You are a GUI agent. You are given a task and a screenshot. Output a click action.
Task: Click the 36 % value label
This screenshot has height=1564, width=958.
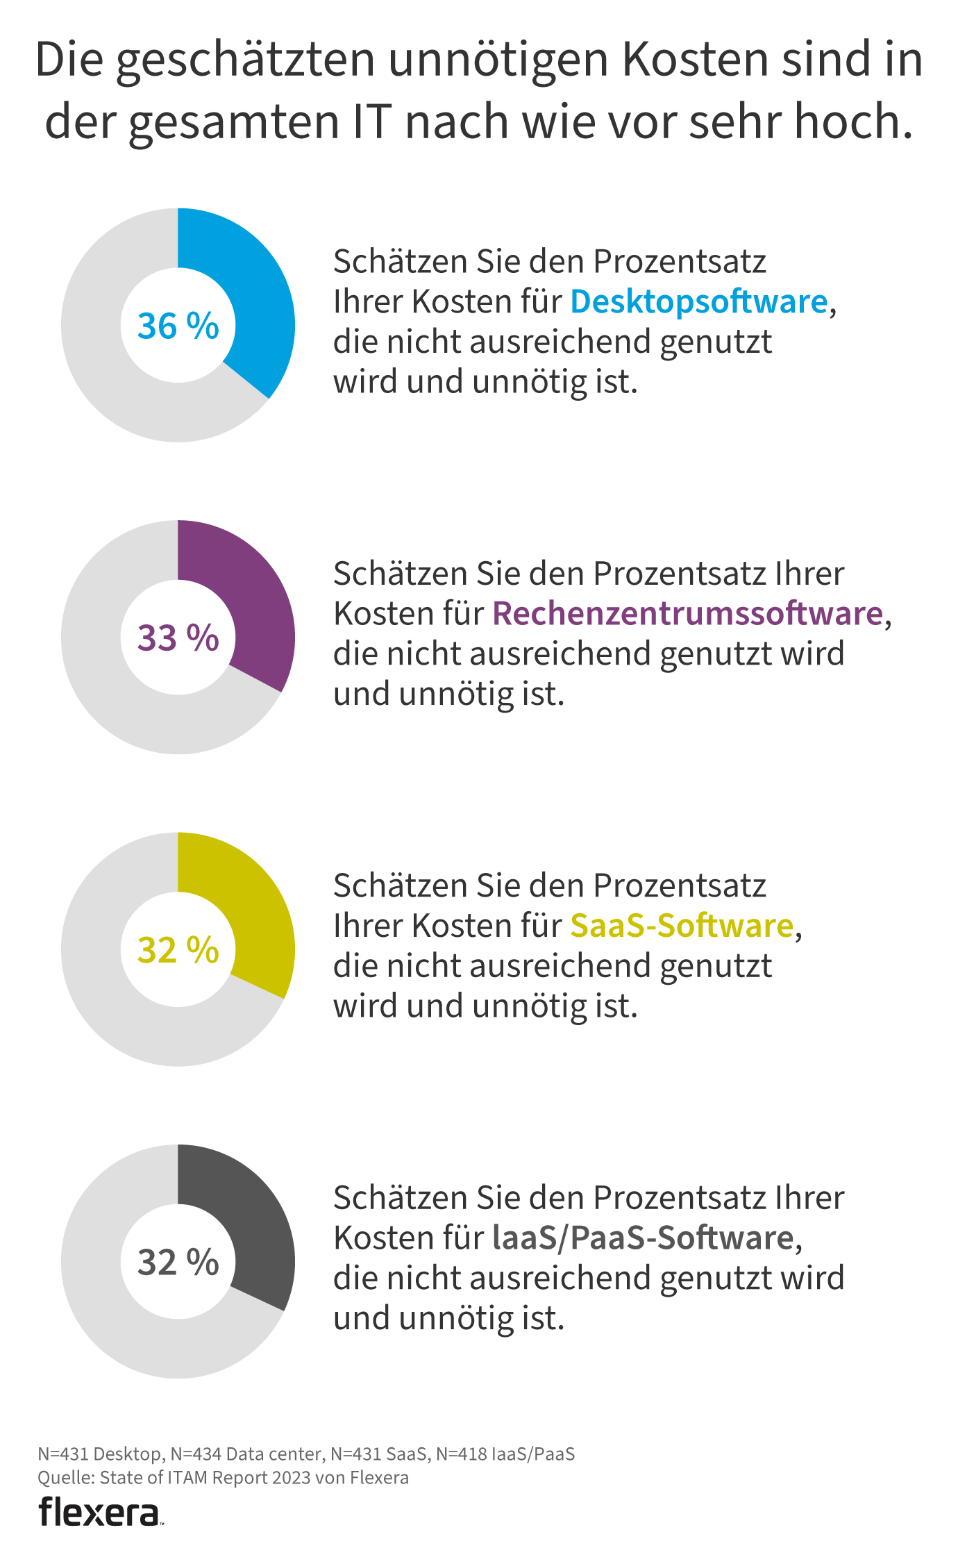click(x=178, y=326)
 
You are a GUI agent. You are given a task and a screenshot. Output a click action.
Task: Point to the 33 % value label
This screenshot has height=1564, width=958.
click(x=178, y=638)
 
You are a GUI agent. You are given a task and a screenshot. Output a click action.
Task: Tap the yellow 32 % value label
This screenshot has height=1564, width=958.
click(x=178, y=950)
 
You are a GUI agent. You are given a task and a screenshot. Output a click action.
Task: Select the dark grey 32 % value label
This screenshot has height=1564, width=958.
click(x=178, y=1262)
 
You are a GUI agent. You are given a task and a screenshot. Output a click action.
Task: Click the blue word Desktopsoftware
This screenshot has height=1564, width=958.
click(x=699, y=302)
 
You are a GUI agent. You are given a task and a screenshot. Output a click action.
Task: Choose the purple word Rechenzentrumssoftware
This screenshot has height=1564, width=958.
click(x=687, y=614)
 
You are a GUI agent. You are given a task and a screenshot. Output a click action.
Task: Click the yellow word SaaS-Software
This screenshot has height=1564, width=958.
click(x=682, y=926)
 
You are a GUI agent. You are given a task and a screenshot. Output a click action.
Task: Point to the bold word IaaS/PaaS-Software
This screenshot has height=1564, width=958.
click(x=643, y=1238)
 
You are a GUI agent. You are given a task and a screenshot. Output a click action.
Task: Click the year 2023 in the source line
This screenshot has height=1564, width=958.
click(x=292, y=1477)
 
